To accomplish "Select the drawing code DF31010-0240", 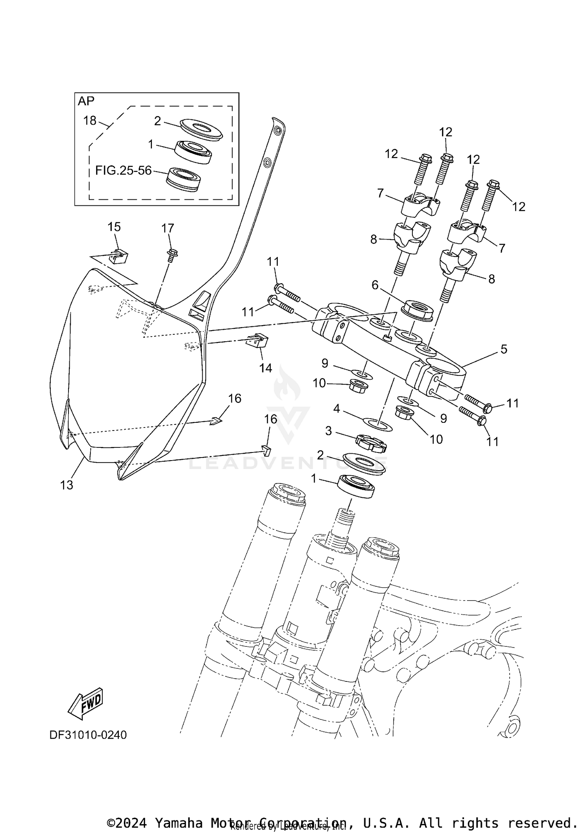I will point(88,735).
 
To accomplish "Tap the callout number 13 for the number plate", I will point(67,485).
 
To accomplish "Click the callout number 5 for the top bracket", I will point(504,349).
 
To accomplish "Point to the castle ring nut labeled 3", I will point(371,443).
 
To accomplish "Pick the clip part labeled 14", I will point(257,341).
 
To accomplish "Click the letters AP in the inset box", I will point(86,101).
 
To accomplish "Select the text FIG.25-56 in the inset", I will point(123,170).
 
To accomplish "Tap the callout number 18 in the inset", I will point(90,120).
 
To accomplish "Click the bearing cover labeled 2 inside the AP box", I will point(201,129).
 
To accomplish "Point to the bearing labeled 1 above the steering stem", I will point(356,487).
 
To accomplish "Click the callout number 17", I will point(168,228).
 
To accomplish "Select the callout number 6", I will point(375,285).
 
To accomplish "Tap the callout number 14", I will point(265,368).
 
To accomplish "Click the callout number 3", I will point(328,431).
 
